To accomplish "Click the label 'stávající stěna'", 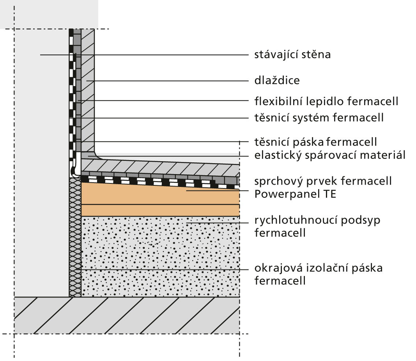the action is coord(292,55).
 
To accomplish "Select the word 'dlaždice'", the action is coord(277,80).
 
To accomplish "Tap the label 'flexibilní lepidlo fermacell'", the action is coord(326,101).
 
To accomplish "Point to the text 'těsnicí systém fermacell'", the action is coord(319,118).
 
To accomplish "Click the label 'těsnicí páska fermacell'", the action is coord(315,142).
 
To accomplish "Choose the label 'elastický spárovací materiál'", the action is coord(330,155).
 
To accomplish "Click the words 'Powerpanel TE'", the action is coord(295,194).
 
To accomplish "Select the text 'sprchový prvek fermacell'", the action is coord(323,181).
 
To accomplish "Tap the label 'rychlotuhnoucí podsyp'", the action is coord(317,220).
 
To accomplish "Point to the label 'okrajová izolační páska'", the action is coord(319,268).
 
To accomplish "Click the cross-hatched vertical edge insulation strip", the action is coord(75,237).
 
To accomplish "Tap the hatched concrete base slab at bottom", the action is coord(127,315).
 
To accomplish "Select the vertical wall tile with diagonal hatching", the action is coord(88,90).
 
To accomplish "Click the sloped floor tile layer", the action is coord(160,167).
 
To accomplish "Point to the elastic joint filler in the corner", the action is coord(89,156).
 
